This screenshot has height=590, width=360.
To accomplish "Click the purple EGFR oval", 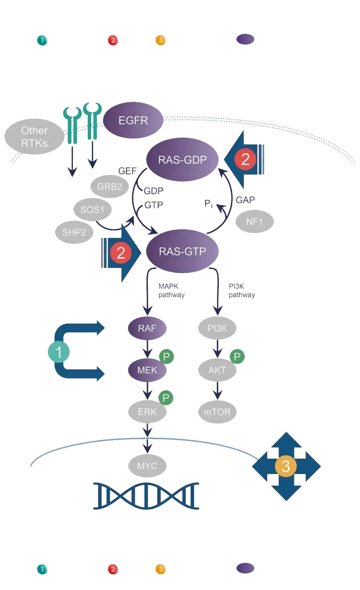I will (133, 121).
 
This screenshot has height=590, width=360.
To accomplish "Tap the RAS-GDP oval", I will (182, 160).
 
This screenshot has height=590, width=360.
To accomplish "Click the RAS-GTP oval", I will (182, 252).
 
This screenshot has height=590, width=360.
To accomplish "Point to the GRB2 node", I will (109, 186).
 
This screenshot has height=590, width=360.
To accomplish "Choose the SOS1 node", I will (92, 209).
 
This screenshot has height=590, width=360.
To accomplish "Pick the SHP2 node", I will (74, 232).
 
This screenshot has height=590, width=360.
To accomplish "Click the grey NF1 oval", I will (254, 222).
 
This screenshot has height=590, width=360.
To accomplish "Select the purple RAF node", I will (147, 328).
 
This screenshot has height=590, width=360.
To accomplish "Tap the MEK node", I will (147, 370).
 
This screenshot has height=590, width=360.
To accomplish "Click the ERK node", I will (147, 412).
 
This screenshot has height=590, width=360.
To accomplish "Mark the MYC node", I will (147, 466).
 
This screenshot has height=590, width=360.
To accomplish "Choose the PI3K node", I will (217, 328).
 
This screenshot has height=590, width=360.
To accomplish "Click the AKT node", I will (217, 370).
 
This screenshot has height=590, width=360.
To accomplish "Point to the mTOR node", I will (217, 412).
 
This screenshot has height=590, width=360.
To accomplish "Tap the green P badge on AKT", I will (237, 357).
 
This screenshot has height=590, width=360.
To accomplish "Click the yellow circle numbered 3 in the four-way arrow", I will (286, 466).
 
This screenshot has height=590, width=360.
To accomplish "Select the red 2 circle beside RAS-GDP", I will (245, 159).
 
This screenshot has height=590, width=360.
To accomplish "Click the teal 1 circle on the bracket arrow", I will (59, 352).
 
